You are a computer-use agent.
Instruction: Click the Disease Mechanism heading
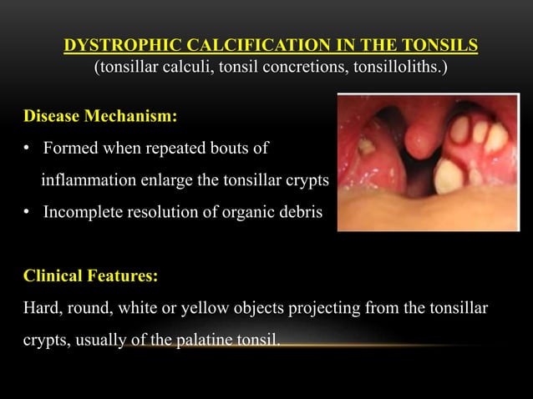(x=99, y=116)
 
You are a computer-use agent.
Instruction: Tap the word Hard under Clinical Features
(x=40, y=308)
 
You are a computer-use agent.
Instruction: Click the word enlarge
(x=162, y=180)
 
